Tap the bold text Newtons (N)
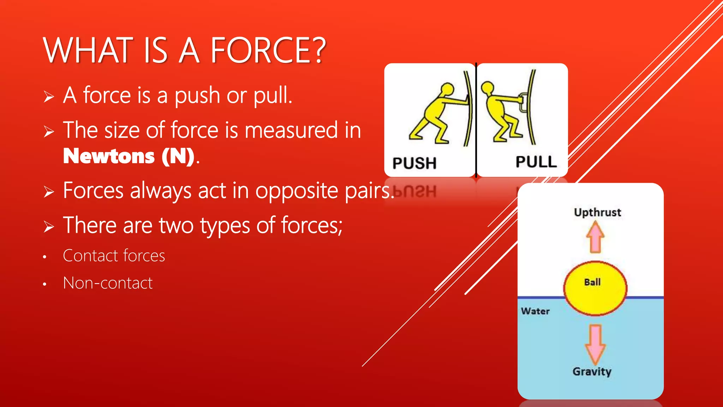pyautogui.click(x=129, y=157)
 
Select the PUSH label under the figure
pyautogui.click(x=414, y=163)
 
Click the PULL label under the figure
pyautogui.click(x=536, y=162)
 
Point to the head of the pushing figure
pyautogui.click(x=447, y=89)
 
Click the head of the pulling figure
pyautogui.click(x=488, y=87)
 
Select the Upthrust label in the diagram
pyautogui.click(x=597, y=212)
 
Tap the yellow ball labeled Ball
pyautogui.click(x=595, y=288)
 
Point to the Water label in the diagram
pyautogui.click(x=535, y=311)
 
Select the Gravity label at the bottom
pyautogui.click(x=592, y=372)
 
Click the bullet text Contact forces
pyautogui.click(x=114, y=256)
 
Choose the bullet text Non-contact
pyautogui.click(x=108, y=283)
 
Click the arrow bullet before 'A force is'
pyautogui.click(x=49, y=96)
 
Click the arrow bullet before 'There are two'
pyautogui.click(x=49, y=226)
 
